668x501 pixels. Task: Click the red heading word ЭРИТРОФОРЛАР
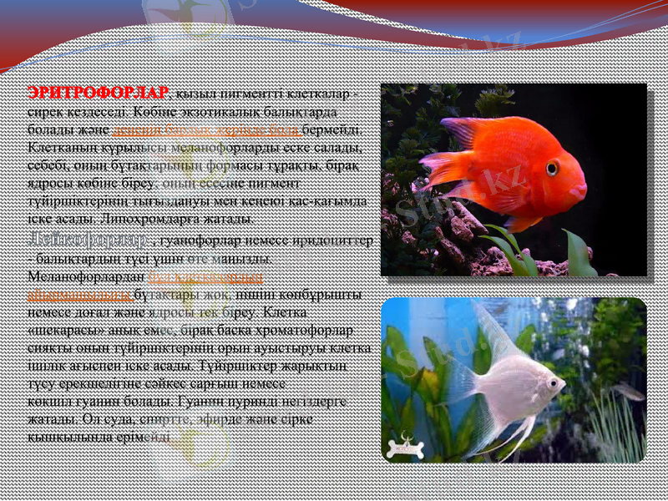98,92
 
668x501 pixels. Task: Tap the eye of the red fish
552,168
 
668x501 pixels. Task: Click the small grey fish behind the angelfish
626,390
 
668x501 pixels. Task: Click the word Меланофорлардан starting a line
85,276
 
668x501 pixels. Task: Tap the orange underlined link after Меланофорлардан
205,276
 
